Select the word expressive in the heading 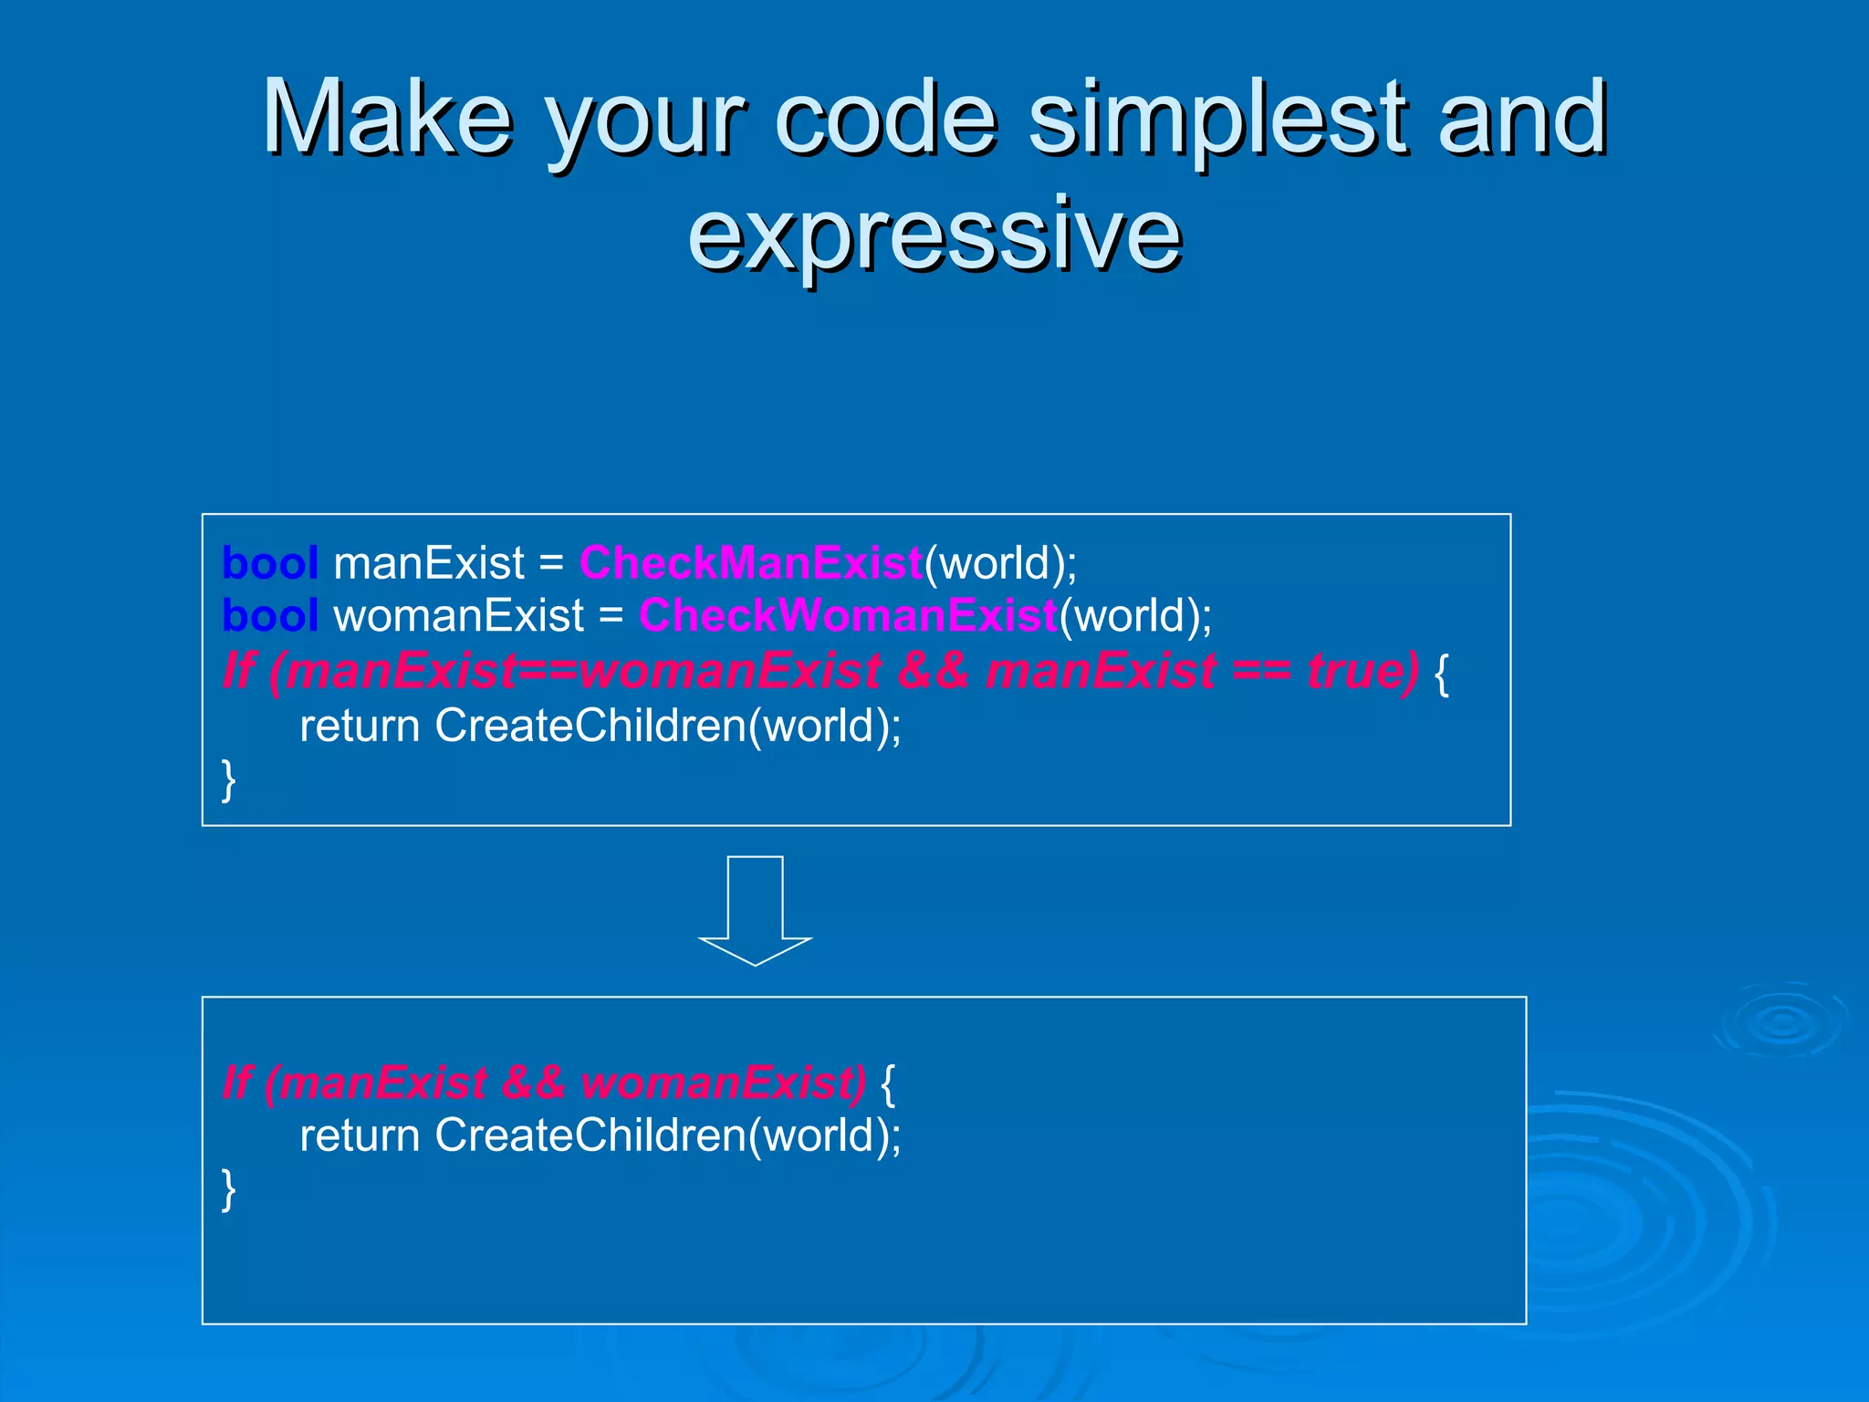(x=934, y=235)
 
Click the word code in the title (x=885, y=119)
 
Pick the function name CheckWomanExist (x=848, y=616)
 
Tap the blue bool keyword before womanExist (x=270, y=616)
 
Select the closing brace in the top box (x=229, y=781)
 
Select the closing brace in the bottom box (x=229, y=1190)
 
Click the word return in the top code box (x=360, y=727)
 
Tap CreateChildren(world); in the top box (x=668, y=727)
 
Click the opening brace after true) (x=1442, y=674)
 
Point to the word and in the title (x=1521, y=119)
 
